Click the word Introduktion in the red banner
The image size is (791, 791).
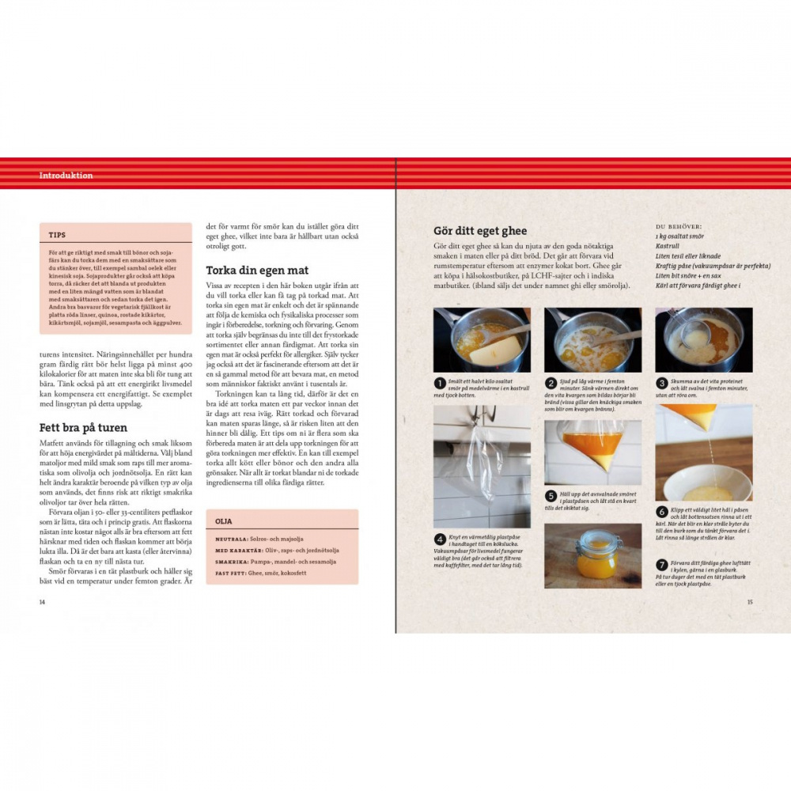pyautogui.click(x=66, y=176)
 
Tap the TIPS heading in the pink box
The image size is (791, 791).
pyautogui.click(x=57, y=236)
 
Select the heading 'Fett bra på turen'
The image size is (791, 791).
pyautogui.click(x=83, y=428)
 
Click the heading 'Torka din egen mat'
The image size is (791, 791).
pyautogui.click(x=257, y=271)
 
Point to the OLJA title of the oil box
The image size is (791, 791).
pyautogui.click(x=225, y=521)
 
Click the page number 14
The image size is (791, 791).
pyautogui.click(x=43, y=602)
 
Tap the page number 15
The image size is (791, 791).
pyautogui.click(x=749, y=602)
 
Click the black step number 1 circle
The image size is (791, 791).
pyautogui.click(x=440, y=383)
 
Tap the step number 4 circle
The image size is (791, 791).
pyautogui.click(x=440, y=539)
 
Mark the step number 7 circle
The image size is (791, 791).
pyautogui.click(x=661, y=565)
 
